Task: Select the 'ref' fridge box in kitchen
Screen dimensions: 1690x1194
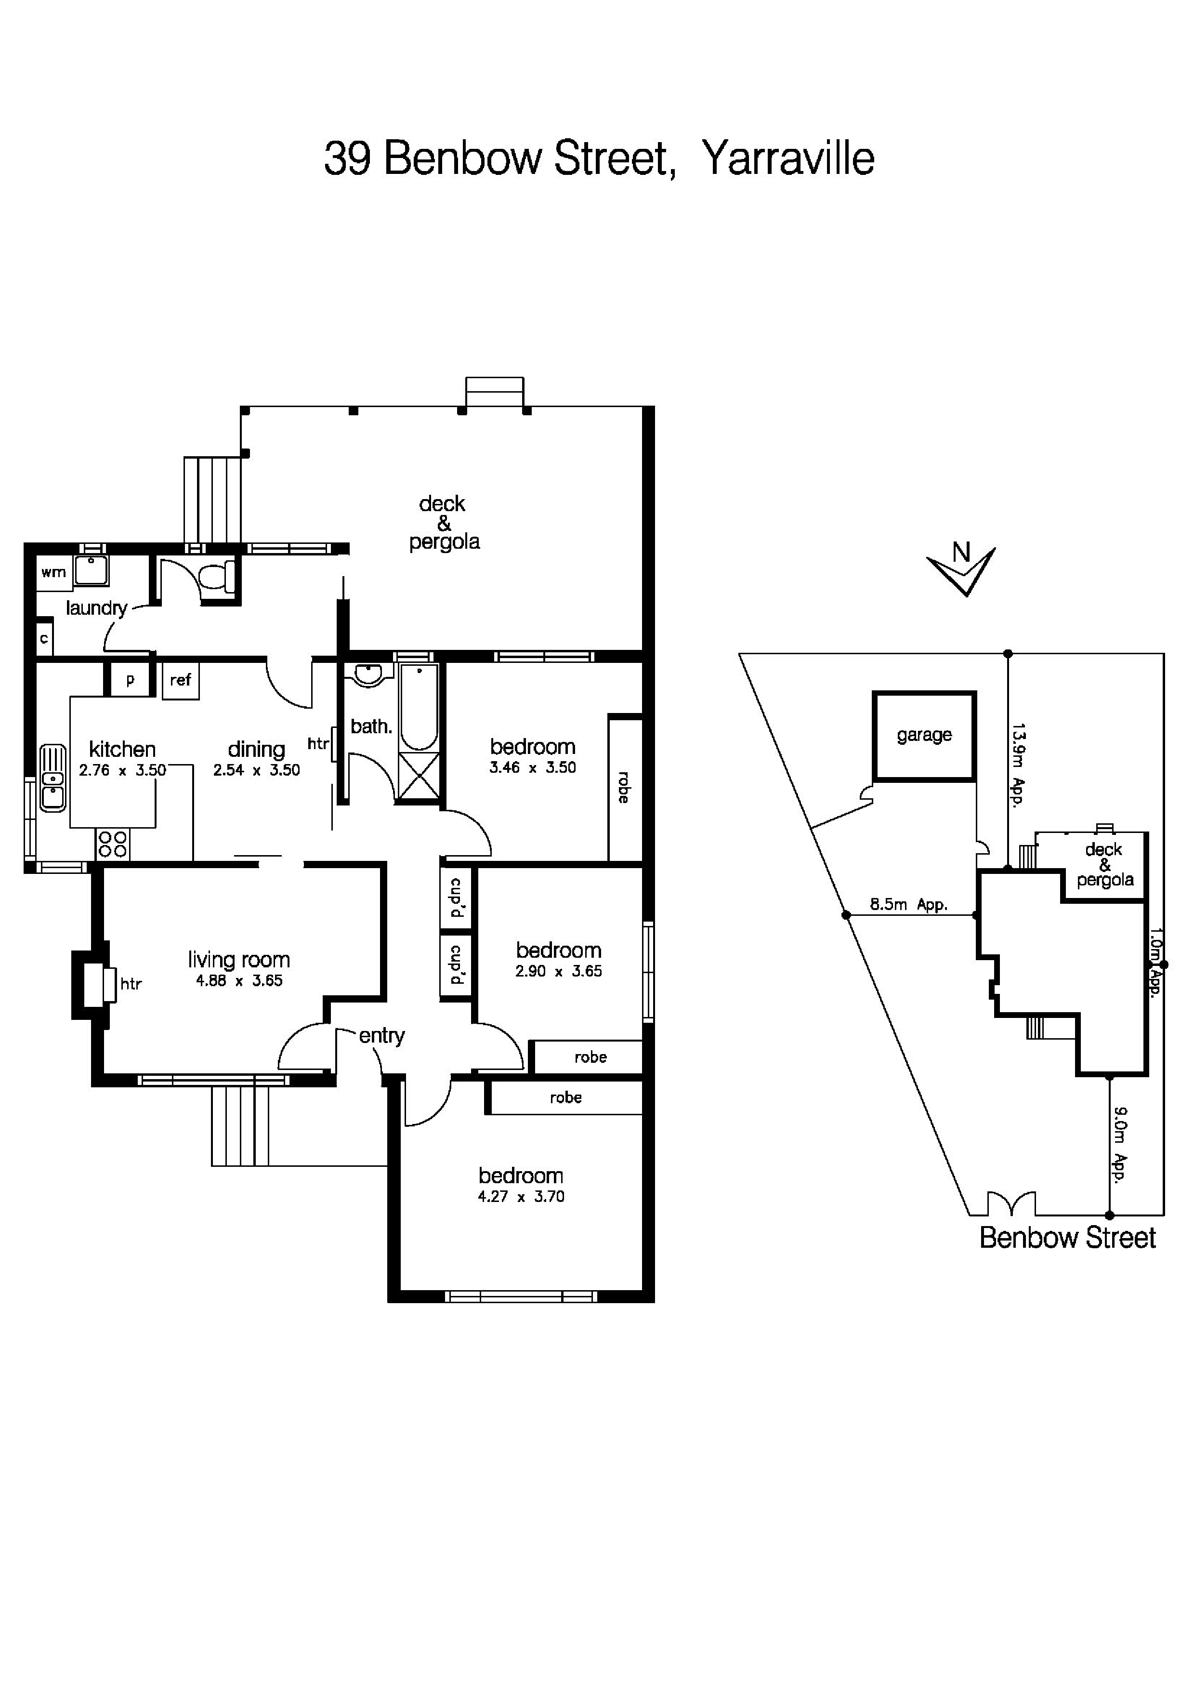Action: [x=180, y=680]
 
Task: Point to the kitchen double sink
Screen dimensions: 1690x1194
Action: [x=52, y=778]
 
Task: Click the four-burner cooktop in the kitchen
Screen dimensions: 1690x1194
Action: [x=112, y=844]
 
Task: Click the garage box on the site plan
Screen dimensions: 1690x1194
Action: [x=924, y=735]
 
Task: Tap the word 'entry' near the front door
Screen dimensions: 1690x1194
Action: [x=382, y=1036]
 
